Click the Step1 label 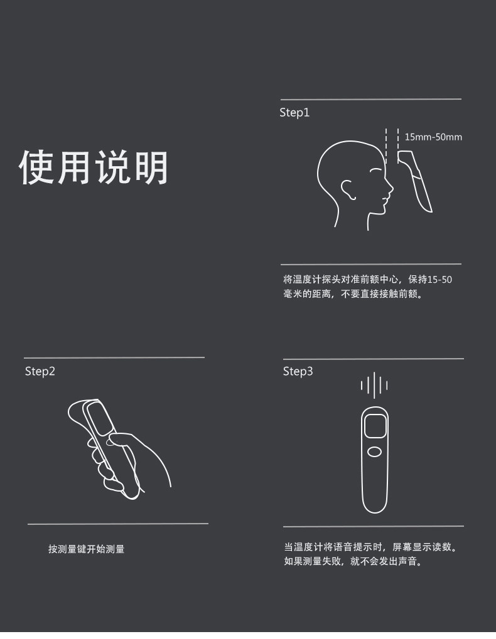click(294, 113)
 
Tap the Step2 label click(40, 372)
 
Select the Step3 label click(298, 372)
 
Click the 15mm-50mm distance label click(433, 137)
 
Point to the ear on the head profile click(348, 189)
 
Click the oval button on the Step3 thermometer click(374, 452)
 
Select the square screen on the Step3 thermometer click(375, 426)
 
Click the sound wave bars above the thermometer click(374, 385)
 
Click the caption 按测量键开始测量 click(87, 549)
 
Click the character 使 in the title click(36, 167)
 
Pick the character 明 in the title click(151, 167)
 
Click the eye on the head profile click(375, 171)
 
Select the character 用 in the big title click(74, 167)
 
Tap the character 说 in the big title click(112, 167)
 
